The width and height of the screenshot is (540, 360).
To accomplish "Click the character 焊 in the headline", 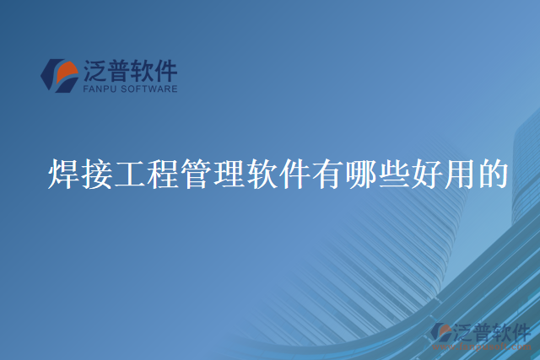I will [x=65, y=175].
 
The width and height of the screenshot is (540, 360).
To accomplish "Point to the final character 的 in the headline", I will [x=491, y=175].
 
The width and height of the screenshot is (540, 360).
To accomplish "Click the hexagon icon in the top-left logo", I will [x=60, y=75].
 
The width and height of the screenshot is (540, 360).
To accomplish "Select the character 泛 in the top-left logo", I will [x=95, y=69].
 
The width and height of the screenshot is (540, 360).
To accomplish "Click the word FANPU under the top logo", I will [x=101, y=88].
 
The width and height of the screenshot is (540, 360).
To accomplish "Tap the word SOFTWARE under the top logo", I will [x=149, y=88].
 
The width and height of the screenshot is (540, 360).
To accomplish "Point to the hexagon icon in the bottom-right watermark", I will [x=441, y=332].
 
